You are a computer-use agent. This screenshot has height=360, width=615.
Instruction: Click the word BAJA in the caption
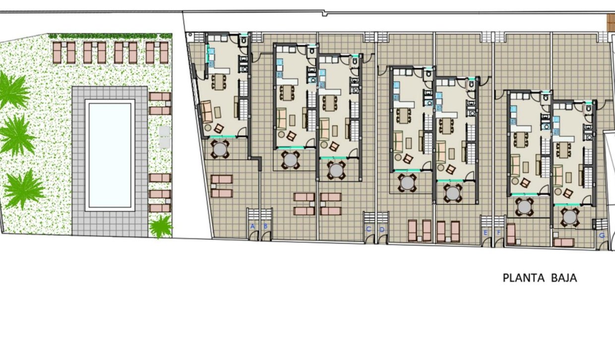click(564, 278)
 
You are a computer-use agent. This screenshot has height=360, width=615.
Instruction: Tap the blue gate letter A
click(252, 227)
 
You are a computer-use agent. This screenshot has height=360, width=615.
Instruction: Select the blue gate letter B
click(266, 227)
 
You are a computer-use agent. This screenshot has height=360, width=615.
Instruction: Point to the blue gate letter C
click(369, 229)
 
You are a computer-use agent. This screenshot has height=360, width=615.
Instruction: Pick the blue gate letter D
click(382, 229)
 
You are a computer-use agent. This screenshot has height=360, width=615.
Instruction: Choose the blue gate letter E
click(486, 232)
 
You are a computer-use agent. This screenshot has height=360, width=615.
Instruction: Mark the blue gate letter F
click(498, 232)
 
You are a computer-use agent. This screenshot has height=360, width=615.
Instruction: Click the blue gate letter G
click(602, 236)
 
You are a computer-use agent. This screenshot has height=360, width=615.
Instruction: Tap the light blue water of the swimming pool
click(110, 155)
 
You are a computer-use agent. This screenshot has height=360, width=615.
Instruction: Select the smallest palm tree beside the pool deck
click(161, 227)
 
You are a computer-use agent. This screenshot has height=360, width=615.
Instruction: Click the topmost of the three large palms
click(12, 91)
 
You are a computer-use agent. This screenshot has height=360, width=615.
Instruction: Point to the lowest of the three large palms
click(22, 188)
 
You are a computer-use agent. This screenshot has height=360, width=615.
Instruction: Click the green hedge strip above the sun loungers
click(110, 36)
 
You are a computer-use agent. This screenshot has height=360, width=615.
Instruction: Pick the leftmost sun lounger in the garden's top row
click(57, 53)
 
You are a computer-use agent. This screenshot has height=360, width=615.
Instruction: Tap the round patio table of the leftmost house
click(219, 148)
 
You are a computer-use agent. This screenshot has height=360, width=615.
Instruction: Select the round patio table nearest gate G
click(570, 217)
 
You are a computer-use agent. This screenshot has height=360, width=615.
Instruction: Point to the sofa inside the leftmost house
click(206, 111)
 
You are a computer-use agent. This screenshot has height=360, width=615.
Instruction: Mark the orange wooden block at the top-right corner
click(611, 22)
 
